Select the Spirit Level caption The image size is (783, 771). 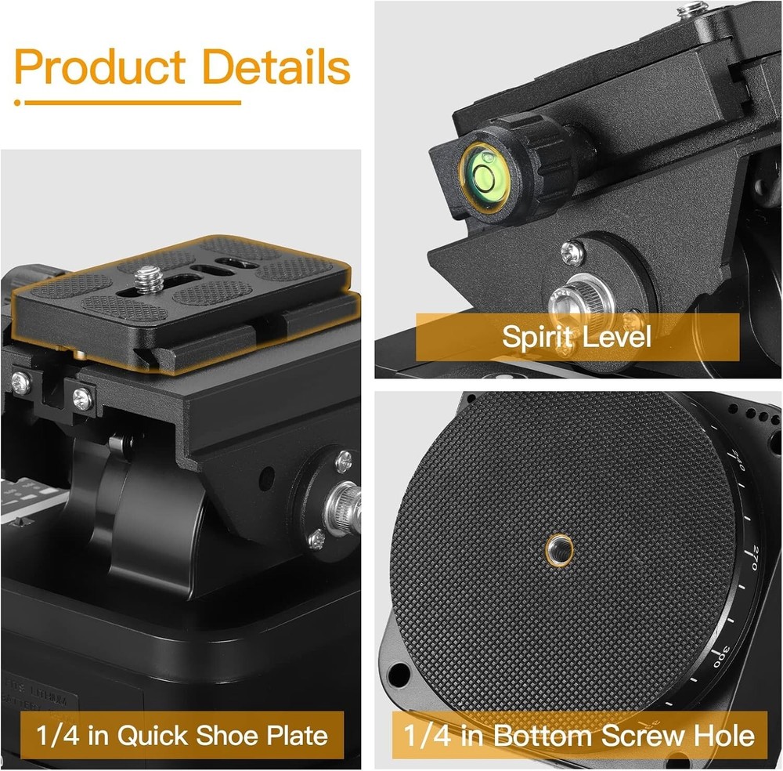tap(576, 337)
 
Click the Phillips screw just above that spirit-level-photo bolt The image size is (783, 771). tap(572, 251)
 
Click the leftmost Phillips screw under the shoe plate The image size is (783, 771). tap(21, 383)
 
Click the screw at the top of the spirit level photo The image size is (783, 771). tap(691, 9)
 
